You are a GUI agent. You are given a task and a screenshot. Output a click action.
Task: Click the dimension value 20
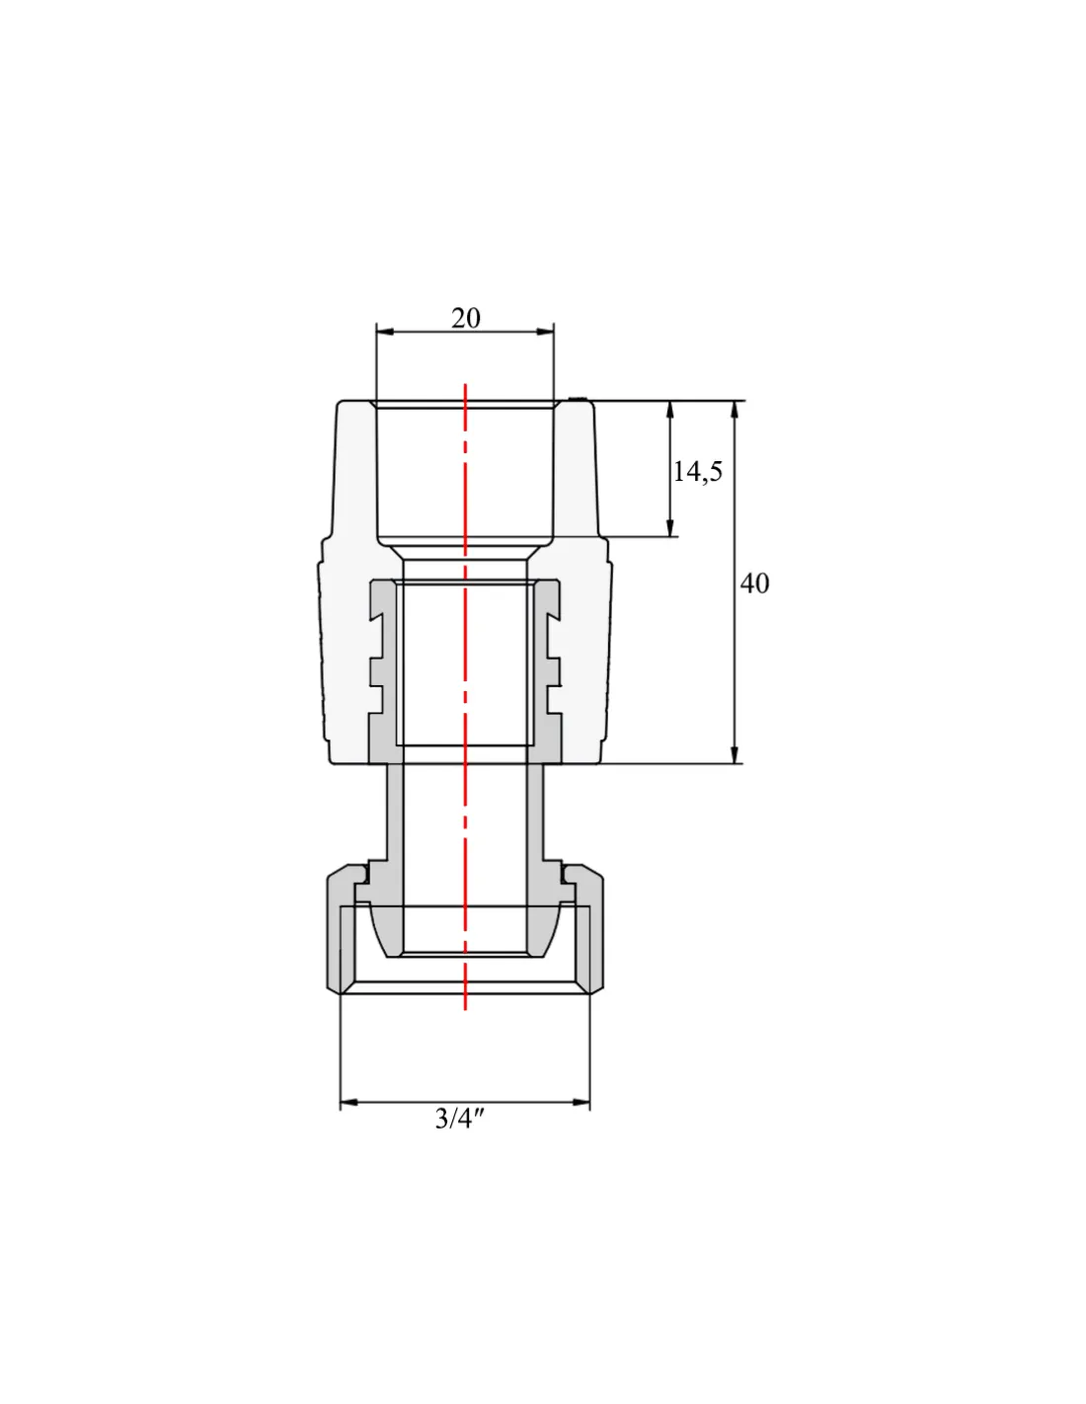pos(465,319)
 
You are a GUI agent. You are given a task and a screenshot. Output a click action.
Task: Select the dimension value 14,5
pos(698,472)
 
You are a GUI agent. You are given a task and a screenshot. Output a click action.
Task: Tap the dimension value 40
pos(754,584)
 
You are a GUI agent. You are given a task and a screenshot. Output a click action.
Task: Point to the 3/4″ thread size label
pos(460,1119)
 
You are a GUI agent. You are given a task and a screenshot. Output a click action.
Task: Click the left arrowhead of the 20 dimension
pos(385,332)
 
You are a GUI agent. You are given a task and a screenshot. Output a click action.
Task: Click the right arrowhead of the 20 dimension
pos(545,332)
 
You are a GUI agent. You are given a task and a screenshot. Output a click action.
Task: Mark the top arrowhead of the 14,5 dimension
pos(670,410)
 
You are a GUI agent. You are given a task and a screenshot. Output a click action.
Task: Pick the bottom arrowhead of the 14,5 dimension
pos(670,527)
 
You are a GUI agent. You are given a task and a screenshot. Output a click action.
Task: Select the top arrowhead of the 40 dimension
pos(734,410)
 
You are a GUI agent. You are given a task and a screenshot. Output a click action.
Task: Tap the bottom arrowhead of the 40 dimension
pos(734,754)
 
